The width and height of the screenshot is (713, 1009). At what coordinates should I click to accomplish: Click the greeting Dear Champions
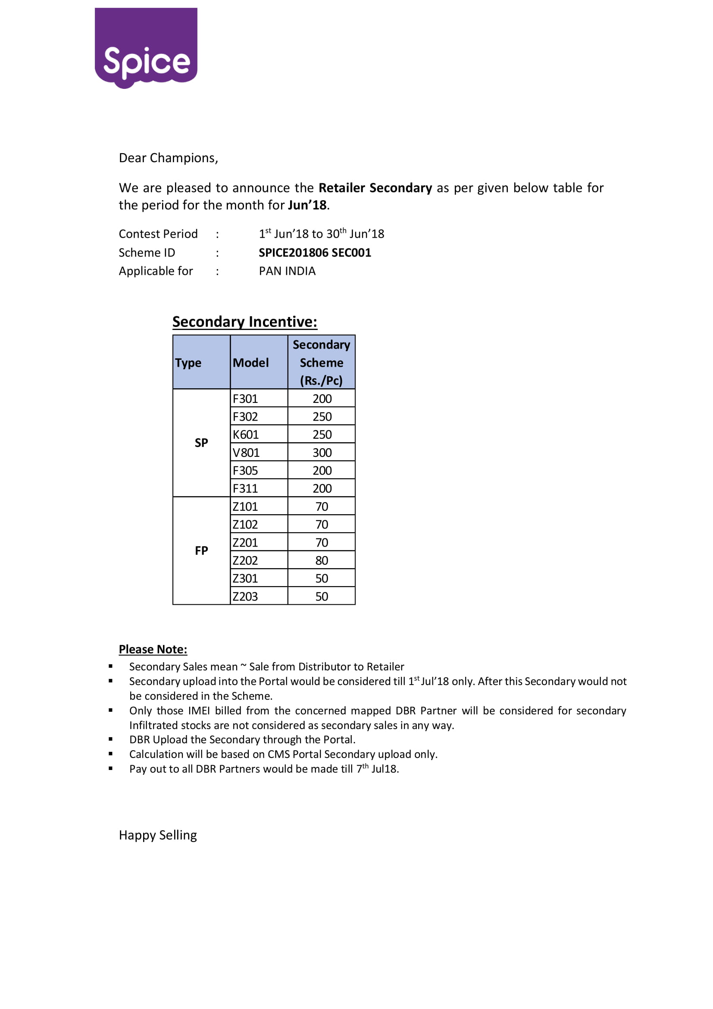pos(168,158)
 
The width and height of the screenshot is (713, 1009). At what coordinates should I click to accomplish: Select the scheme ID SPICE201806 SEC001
pos(315,253)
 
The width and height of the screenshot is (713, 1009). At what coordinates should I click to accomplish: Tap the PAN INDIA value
pos(287,271)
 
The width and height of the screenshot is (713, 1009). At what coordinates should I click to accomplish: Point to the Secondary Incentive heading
pos(244,322)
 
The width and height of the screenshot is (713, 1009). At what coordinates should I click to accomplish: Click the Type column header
pos(188,363)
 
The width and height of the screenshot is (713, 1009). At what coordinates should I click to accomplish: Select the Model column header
pos(251,363)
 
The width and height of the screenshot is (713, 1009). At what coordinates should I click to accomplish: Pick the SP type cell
pos(201,443)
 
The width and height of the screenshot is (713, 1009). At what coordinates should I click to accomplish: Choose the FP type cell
pos(201,550)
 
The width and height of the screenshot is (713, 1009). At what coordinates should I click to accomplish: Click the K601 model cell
pos(246,435)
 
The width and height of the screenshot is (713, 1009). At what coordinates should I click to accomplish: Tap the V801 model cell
pos(246,453)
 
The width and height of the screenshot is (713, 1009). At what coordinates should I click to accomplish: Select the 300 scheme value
pos(322,453)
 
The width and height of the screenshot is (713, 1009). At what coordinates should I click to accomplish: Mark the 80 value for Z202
pos(322,561)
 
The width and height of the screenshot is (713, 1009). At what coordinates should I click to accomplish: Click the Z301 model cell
pos(245,579)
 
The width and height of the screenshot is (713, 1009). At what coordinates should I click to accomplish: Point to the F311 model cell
pos(245,489)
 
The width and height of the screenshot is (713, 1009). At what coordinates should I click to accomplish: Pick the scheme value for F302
pos(322,417)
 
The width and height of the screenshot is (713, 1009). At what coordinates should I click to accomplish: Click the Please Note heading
pos(153,650)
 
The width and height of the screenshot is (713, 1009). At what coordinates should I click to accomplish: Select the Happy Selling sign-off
pos(158,836)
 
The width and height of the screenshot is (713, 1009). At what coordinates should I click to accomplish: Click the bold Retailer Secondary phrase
pos(375,188)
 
